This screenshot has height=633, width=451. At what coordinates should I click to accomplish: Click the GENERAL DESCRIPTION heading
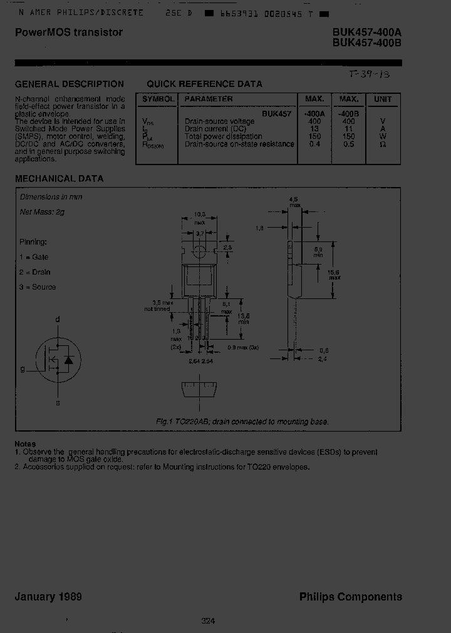[69, 84]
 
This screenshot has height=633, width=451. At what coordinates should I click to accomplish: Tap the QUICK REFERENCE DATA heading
[204, 84]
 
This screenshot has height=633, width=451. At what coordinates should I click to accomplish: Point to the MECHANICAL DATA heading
[59, 178]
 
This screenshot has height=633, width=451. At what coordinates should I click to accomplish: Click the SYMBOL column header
[158, 99]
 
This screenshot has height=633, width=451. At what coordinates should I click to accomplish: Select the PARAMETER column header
[209, 99]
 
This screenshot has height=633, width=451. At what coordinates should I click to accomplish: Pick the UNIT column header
[383, 99]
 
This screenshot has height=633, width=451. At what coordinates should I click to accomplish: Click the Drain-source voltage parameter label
[219, 121]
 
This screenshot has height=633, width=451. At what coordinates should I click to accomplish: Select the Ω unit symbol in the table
[383, 144]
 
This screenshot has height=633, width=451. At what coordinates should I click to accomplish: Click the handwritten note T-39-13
[370, 74]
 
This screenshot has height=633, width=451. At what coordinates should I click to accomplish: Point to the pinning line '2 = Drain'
[34, 272]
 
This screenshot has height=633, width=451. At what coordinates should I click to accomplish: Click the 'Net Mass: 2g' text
[42, 212]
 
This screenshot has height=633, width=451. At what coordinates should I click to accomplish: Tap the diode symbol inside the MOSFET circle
[69, 360]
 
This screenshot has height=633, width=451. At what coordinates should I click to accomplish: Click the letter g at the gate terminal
[23, 369]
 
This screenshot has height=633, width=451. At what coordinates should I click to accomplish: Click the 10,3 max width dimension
[199, 217]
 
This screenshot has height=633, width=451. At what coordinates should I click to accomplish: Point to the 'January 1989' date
[48, 597]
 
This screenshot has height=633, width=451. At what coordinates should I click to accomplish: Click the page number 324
[209, 620]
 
